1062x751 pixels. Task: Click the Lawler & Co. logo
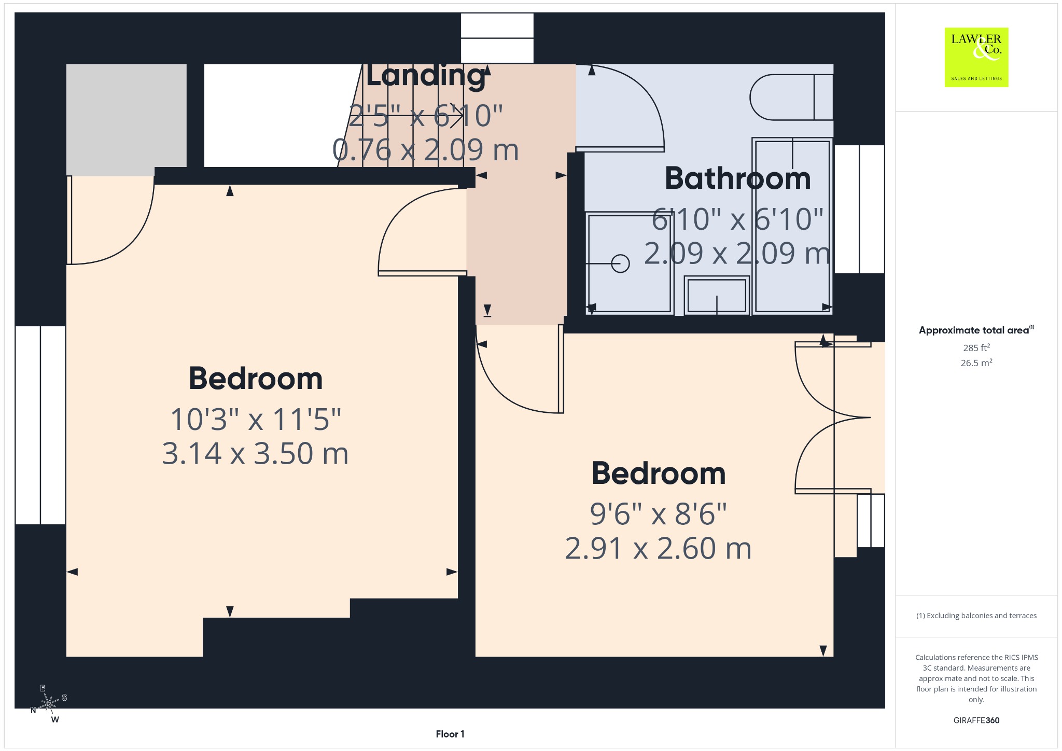pyautogui.click(x=976, y=57)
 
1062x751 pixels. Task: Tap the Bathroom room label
pyautogui.click(x=737, y=178)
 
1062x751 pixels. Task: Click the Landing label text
pyautogui.click(x=426, y=76)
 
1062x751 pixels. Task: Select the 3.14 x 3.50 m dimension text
pyautogui.click(x=255, y=453)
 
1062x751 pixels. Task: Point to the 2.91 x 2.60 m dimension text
pyautogui.click(x=658, y=548)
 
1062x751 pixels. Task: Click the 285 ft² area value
pyautogui.click(x=976, y=347)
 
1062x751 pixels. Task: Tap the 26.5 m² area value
pyautogui.click(x=976, y=363)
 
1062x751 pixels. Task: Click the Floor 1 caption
pyautogui.click(x=450, y=734)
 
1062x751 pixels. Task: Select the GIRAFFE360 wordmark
pyautogui.click(x=976, y=720)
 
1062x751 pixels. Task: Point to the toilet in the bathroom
pyautogui.click(x=791, y=97)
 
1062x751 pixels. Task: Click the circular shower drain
pyautogui.click(x=620, y=263)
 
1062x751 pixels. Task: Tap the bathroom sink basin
pyautogui.click(x=717, y=295)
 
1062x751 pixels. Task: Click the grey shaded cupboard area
pyautogui.click(x=126, y=119)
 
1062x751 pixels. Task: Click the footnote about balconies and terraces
pyautogui.click(x=976, y=616)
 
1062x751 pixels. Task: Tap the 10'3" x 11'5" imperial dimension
pyautogui.click(x=256, y=419)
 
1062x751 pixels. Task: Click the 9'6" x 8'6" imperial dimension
pyautogui.click(x=658, y=514)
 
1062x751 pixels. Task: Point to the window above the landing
pyautogui.click(x=497, y=38)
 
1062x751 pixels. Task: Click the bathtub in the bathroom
pyautogui.click(x=792, y=226)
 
